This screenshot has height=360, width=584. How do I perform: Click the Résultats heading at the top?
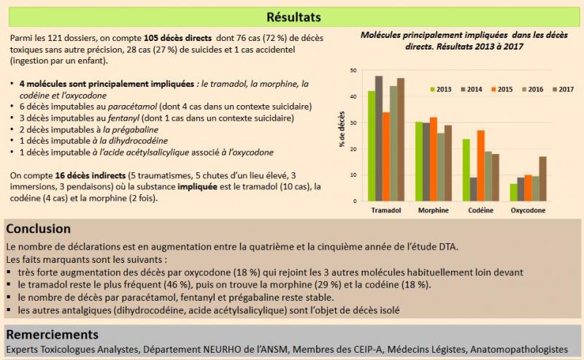(x=293, y=16)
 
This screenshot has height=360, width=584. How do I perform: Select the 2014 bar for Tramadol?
(x=379, y=139)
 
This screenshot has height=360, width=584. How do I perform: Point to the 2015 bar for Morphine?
(x=434, y=159)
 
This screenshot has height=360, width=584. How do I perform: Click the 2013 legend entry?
(x=441, y=89)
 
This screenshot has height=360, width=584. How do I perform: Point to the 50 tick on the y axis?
(x=353, y=71)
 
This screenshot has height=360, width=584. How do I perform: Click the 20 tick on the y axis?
(x=353, y=149)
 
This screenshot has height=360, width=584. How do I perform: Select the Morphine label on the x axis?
(x=434, y=211)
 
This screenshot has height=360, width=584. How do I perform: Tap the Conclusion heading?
(x=38, y=229)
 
